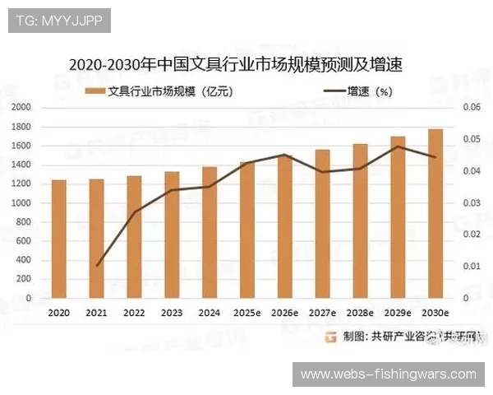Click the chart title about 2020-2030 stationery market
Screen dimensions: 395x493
[239, 63]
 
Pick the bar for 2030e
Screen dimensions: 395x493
[435, 214]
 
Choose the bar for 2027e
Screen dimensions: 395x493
[323, 224]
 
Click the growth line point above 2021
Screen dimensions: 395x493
[98, 266]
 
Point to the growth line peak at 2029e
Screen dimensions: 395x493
[398, 146]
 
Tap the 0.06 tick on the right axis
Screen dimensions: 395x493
[469, 108]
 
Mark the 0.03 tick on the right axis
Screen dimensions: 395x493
[469, 203]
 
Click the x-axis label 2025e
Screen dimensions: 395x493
[247, 314]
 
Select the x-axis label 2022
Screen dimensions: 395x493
[134, 314]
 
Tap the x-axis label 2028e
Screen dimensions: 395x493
[360, 314]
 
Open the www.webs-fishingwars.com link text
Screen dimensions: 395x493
[388, 374]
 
